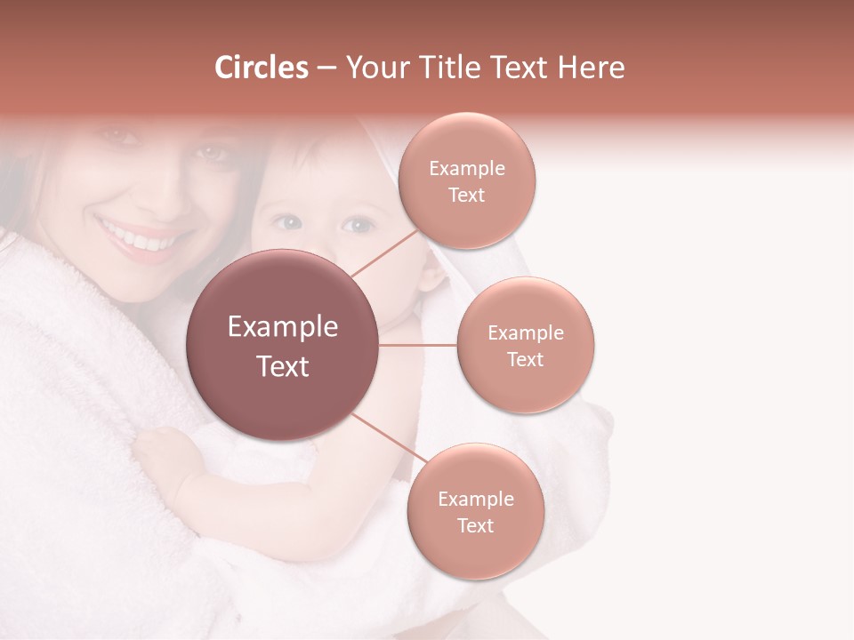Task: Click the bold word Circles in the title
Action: tap(261, 68)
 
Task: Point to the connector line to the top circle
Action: tap(384, 252)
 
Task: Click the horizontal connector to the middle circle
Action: tap(418, 345)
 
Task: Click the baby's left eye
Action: tap(287, 223)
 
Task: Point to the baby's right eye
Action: tap(358, 225)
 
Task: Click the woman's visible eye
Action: tap(210, 152)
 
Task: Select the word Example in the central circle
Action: tap(283, 327)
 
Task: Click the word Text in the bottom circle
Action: tap(475, 525)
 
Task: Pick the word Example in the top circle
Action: tap(466, 168)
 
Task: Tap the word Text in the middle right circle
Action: tap(525, 359)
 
